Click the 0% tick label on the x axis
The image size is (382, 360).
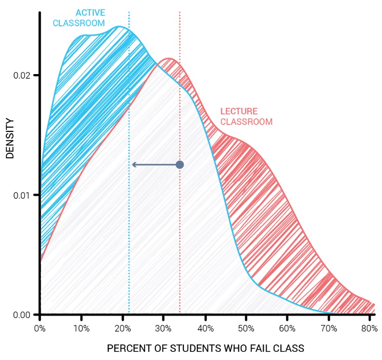click(x=40, y=328)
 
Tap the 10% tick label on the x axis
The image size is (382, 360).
click(x=81, y=328)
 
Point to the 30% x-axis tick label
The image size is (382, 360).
click(x=163, y=328)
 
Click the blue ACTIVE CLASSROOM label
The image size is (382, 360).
click(x=79, y=18)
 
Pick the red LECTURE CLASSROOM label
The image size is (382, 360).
click(x=246, y=117)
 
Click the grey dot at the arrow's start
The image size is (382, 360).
click(x=180, y=165)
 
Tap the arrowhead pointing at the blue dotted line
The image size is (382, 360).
click(x=134, y=165)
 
